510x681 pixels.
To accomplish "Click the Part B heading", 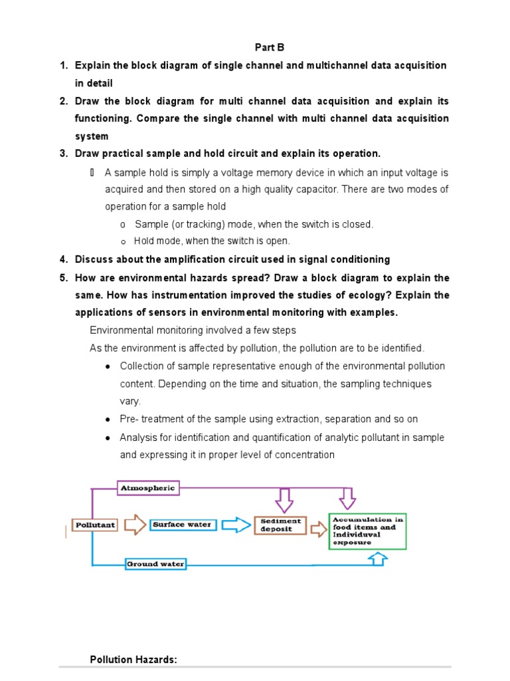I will click(270, 47).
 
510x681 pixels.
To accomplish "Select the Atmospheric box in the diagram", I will click(148, 487).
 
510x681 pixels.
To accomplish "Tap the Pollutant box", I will click(95, 525).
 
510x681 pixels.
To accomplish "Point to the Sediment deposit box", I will click(281, 525).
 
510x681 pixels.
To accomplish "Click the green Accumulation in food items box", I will click(368, 530).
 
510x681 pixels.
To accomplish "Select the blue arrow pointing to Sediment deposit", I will click(236, 525).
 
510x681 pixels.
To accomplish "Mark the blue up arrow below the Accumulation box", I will click(377, 559).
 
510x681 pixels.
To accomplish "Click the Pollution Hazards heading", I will click(133, 660).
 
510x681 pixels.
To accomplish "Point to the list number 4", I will click(64, 259).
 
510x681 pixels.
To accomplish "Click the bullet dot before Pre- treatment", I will click(108, 420).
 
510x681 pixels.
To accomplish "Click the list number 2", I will click(64, 101).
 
